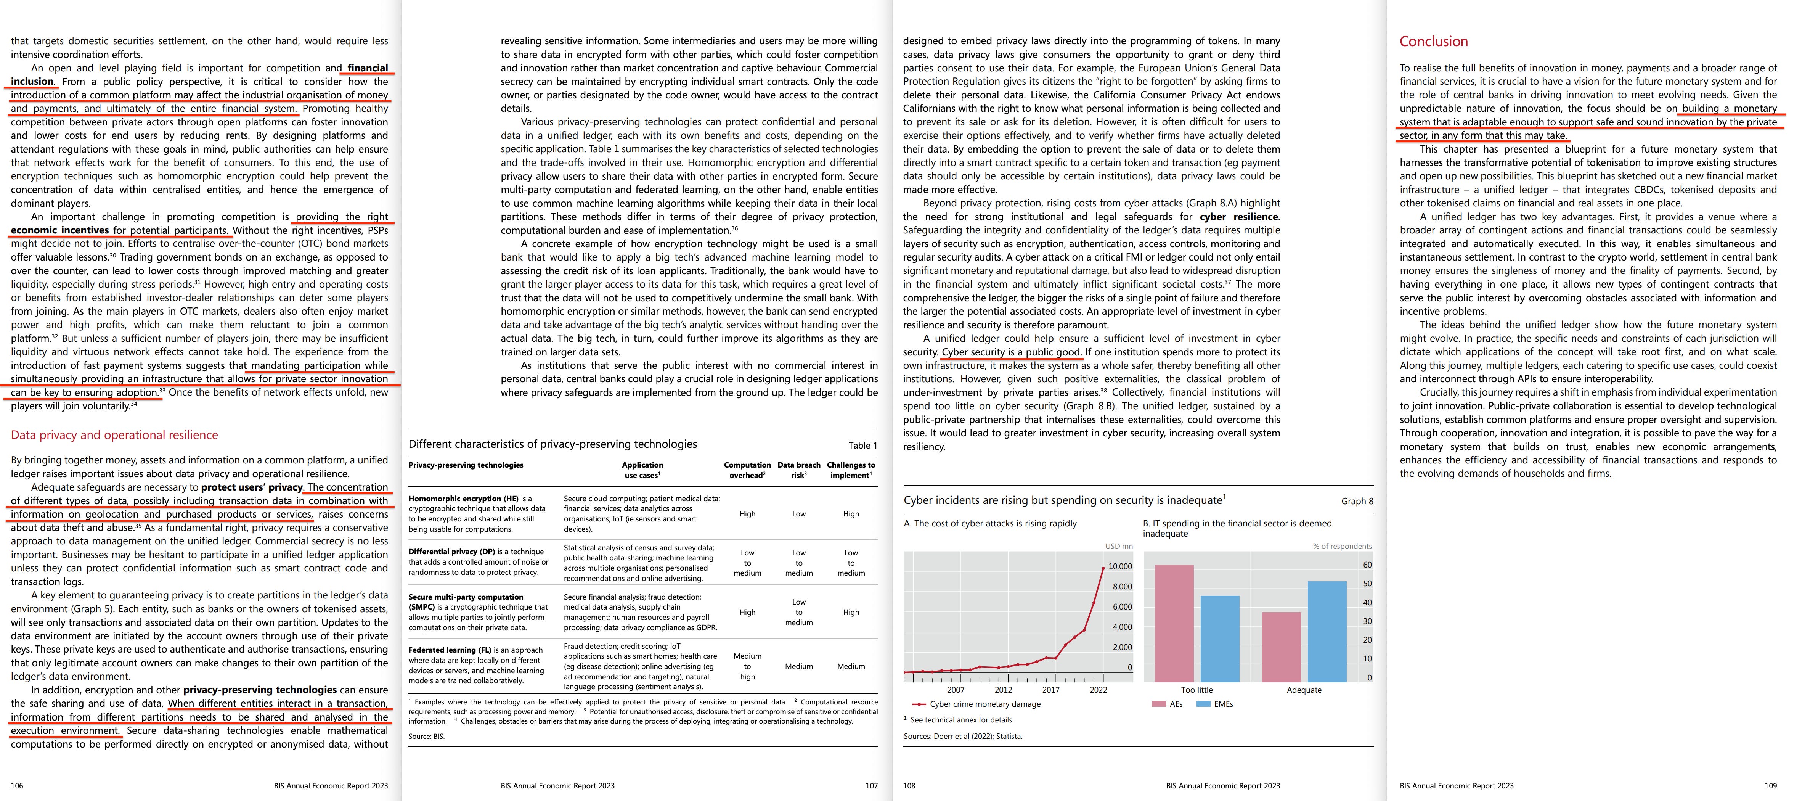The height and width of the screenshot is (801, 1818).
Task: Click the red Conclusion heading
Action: [1433, 42]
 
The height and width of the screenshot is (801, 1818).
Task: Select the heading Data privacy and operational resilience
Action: [114, 436]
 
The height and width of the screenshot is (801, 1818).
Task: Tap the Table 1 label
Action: [862, 445]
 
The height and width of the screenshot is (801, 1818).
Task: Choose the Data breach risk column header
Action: [799, 470]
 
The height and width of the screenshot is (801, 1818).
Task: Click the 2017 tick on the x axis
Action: [1051, 690]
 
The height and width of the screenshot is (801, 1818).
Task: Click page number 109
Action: [1770, 785]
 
